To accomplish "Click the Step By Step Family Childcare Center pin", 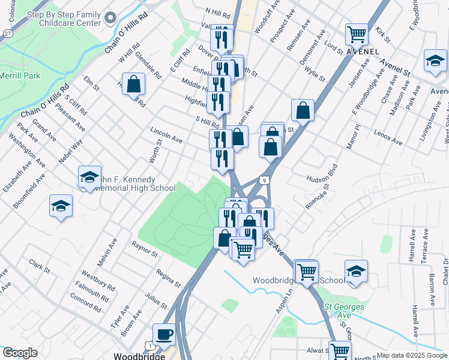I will coord(109,18).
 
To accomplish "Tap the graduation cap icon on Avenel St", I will coord(435,60).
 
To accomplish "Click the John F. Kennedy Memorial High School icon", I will coord(89,176).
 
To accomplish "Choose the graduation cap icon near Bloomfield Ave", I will coord(60,206).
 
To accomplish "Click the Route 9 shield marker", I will coord(264,179).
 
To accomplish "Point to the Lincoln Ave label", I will coord(166,134).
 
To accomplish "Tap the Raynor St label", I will coord(145,250).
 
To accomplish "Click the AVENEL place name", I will coord(363,52).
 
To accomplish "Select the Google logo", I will coord(20,353).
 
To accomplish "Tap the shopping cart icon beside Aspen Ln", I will coord(306,271).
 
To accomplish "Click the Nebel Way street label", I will coord(70,151).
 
